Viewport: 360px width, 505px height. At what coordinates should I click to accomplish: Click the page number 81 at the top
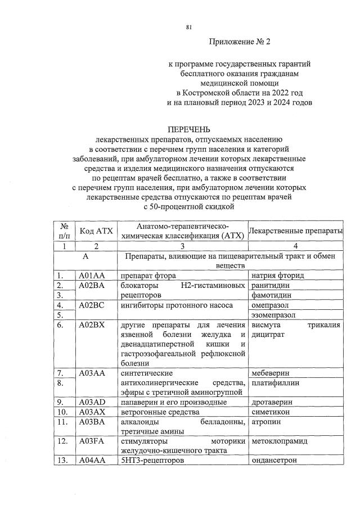[189, 26]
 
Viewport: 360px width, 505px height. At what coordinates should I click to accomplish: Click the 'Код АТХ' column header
[96, 231]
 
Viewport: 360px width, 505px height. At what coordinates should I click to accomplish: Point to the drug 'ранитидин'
[271, 285]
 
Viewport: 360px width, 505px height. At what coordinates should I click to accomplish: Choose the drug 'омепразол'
[271, 305]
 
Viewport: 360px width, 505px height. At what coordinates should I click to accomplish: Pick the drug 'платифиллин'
[275, 383]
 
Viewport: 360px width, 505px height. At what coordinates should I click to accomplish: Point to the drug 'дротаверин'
[272, 402]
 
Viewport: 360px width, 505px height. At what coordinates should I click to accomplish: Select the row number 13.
[63, 461]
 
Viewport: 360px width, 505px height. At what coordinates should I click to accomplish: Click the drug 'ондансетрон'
[274, 461]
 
